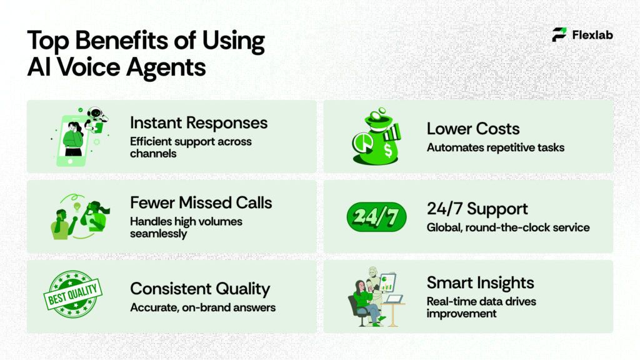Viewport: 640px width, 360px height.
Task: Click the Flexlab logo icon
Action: click(559, 35)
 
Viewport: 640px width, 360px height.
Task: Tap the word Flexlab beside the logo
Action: click(592, 35)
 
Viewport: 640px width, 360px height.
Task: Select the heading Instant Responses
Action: click(199, 122)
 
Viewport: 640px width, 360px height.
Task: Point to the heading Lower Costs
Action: click(473, 129)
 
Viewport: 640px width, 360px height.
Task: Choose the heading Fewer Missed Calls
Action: click(201, 202)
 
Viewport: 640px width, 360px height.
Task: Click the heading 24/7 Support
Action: click(477, 209)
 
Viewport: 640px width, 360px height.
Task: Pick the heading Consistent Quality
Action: click(200, 289)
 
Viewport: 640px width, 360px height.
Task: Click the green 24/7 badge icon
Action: click(376, 217)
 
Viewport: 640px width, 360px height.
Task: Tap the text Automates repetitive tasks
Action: click(496, 147)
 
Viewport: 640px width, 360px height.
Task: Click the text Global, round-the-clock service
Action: click(508, 227)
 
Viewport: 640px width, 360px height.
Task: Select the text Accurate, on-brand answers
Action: click(202, 307)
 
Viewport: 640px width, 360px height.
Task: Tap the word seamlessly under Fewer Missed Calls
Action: click(159, 233)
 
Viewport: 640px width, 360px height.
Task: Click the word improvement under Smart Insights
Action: click(462, 313)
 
